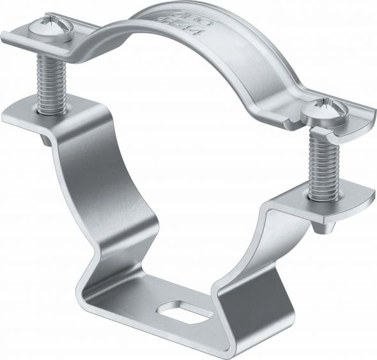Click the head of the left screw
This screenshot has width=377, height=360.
(50, 30)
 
